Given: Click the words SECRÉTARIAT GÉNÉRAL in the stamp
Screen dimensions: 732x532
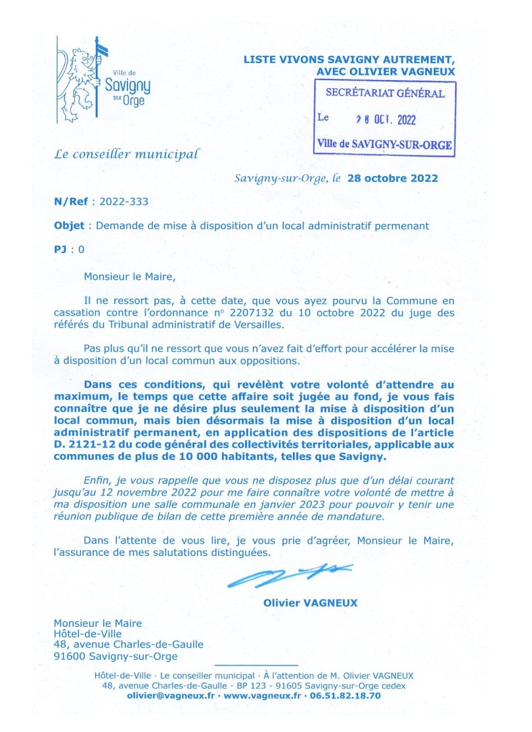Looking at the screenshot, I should (x=386, y=93).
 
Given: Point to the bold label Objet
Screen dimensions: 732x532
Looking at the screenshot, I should (x=69, y=225).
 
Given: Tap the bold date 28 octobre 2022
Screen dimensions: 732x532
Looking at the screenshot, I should (x=392, y=178).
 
